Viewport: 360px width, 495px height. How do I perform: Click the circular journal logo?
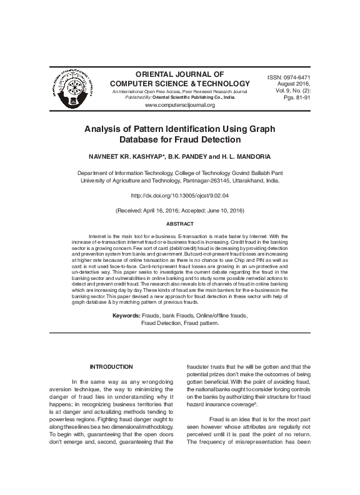pyautogui.click(x=71, y=86)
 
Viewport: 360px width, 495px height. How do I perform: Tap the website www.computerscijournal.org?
pyautogui.click(x=180, y=106)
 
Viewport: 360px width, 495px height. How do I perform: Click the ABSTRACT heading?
pyautogui.click(x=179, y=224)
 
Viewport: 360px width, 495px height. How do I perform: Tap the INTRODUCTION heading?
pyautogui.click(x=111, y=366)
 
